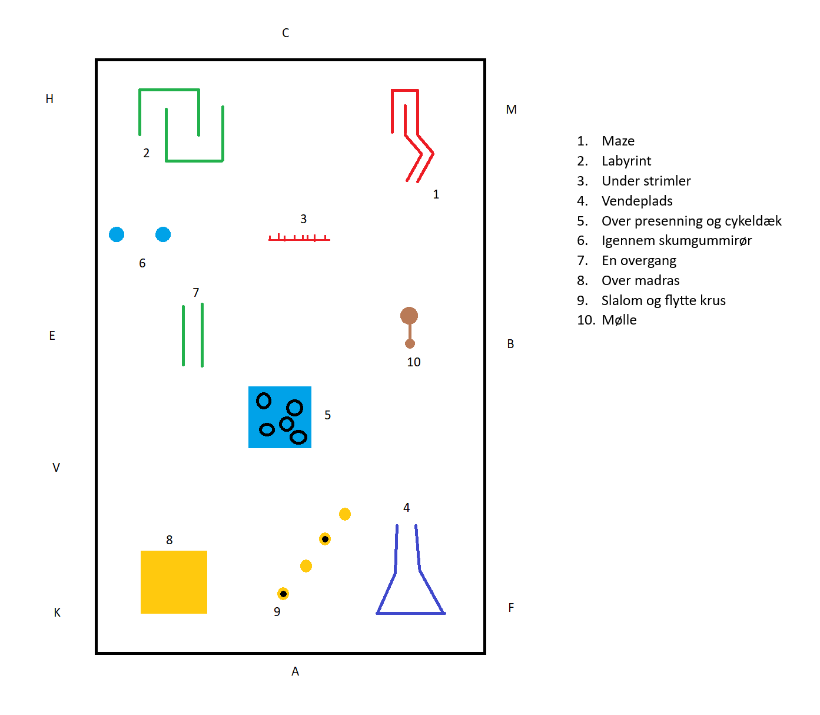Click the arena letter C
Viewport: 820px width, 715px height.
(285, 33)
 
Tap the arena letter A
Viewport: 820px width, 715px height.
(295, 671)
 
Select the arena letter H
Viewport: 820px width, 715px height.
(49, 99)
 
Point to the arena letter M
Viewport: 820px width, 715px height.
(511, 110)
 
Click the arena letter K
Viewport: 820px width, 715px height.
(57, 613)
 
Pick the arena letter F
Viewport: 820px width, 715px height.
(511, 608)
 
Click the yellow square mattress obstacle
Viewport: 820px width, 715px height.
(174, 582)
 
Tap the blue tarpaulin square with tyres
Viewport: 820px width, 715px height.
(280, 417)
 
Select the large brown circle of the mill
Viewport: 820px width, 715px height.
(409, 316)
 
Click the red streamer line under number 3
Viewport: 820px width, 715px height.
(299, 239)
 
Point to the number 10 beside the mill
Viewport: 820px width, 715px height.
(414, 362)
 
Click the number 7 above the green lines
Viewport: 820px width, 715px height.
(196, 293)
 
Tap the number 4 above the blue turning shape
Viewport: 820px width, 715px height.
(406, 508)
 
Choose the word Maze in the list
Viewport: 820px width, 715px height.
(618, 141)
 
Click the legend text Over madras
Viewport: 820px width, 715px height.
(640, 281)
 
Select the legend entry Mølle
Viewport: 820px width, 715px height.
(619, 320)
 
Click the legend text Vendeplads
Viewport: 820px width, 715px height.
(637, 201)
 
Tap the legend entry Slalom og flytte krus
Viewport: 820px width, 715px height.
(663, 301)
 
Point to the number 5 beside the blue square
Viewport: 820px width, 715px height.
(328, 415)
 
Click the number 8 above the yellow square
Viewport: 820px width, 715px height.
(170, 540)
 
